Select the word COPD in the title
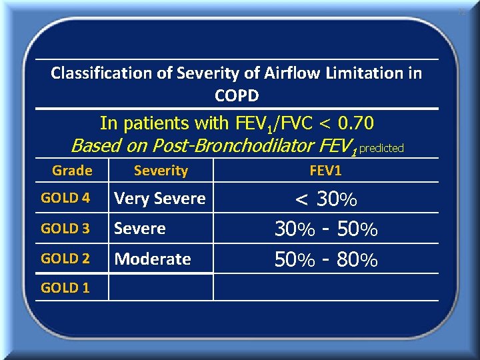(237, 95)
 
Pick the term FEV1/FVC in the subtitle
(272, 124)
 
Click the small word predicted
(381, 148)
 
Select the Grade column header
(72, 171)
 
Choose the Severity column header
(161, 171)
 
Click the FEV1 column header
(325, 171)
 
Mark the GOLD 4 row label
(65, 198)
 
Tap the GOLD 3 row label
(65, 229)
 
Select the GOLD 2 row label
(65, 259)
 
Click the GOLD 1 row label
(65, 288)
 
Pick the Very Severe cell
(160, 199)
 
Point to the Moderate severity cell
(153, 259)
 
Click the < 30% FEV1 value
(326, 199)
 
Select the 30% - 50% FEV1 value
(326, 229)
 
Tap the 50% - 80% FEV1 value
(326, 259)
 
